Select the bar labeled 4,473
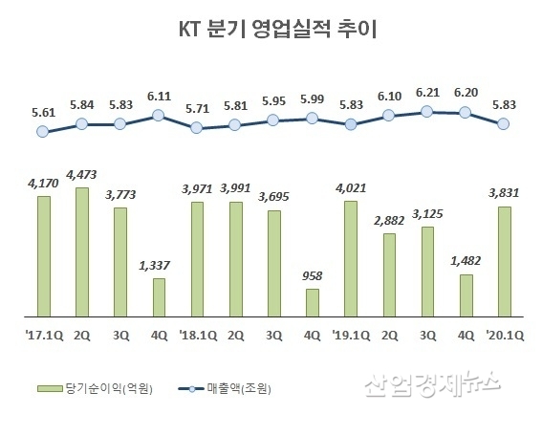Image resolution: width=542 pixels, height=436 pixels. tap(82, 251)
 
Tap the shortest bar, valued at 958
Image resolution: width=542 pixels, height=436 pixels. tap(312, 301)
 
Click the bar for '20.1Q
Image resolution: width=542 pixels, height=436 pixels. tap(504, 260)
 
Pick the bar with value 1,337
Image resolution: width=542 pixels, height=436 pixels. tap(159, 296)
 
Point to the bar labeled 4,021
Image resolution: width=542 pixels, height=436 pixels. tap(351, 258)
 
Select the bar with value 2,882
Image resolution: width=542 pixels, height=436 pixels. tap(389, 273)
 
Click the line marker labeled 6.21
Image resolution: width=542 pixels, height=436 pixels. tap(427, 111)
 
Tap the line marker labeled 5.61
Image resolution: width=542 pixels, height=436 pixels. tap(42, 133)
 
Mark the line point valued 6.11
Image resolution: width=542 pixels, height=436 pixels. tap(159, 116)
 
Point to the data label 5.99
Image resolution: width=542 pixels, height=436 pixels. tap(312, 98)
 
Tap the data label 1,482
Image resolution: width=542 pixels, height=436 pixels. tap(466, 261)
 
